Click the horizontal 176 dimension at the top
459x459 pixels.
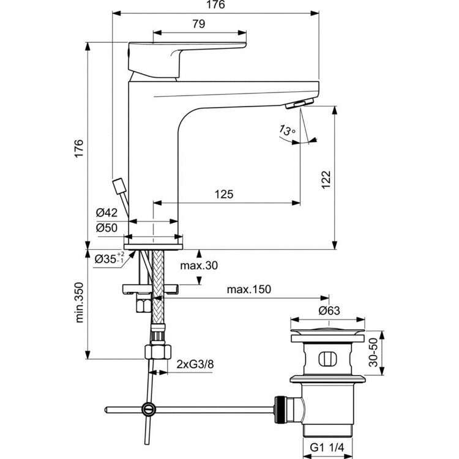click(218, 5)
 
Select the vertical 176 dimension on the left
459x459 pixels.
click(78, 149)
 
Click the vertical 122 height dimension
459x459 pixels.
click(327, 178)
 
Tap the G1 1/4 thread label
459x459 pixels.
click(327, 448)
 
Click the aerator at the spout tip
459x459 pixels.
click(299, 105)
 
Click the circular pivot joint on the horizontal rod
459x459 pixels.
click(147, 409)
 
